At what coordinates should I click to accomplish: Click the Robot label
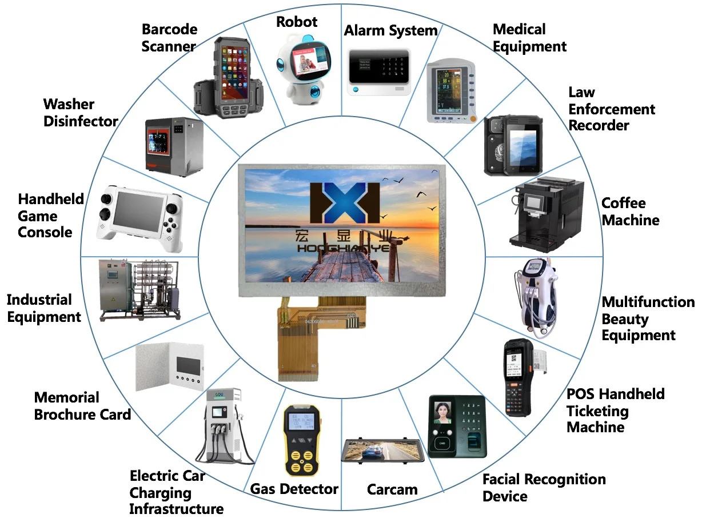[x=296, y=22]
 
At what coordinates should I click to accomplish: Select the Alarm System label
[x=390, y=30]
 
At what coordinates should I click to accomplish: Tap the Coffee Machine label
[x=630, y=212]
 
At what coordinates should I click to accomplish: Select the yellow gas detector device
[x=301, y=440]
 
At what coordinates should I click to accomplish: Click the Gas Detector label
[x=294, y=489]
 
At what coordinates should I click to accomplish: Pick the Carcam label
[x=392, y=489]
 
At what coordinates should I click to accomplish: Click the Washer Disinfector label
[x=80, y=113]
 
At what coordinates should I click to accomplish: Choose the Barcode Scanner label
[x=169, y=38]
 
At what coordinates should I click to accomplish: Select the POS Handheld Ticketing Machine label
[x=615, y=411]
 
